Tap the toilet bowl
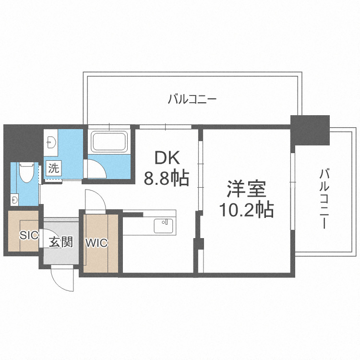tap(26, 173)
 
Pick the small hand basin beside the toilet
tap(15, 198)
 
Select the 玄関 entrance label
tap(60, 241)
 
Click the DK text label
tap(167, 157)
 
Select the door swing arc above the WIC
tap(93, 199)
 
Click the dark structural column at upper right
tap(310, 130)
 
